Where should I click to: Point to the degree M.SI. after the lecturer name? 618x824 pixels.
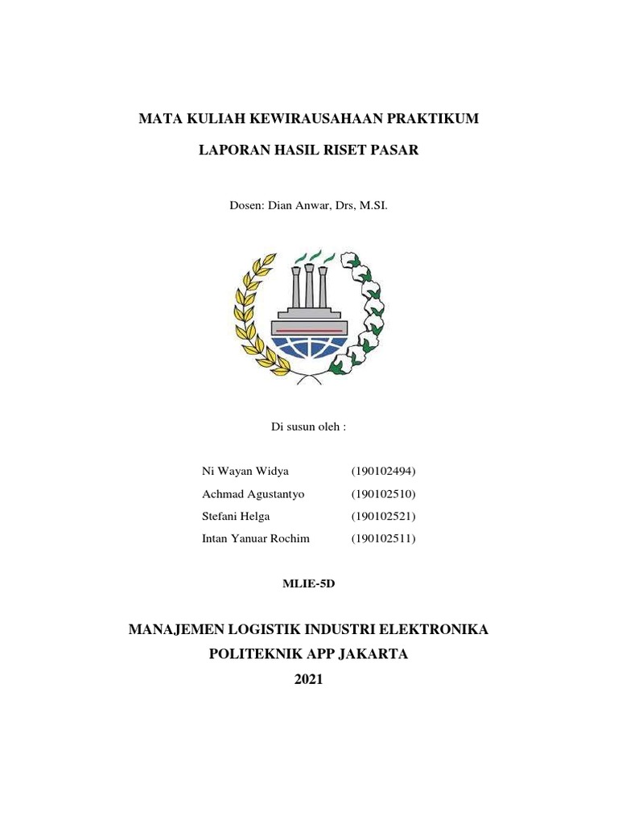pyautogui.click(x=373, y=205)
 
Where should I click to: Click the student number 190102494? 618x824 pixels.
pyautogui.click(x=383, y=471)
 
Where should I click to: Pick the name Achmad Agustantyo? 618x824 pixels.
pyautogui.click(x=253, y=493)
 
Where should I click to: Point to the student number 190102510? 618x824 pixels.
pyautogui.click(x=383, y=493)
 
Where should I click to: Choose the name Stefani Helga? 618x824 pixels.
pyautogui.click(x=236, y=516)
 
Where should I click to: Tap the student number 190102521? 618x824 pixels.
pyautogui.click(x=383, y=516)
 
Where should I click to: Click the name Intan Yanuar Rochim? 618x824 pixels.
pyautogui.click(x=255, y=538)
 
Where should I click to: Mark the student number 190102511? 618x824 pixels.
pyautogui.click(x=383, y=538)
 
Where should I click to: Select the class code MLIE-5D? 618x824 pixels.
pyautogui.click(x=308, y=583)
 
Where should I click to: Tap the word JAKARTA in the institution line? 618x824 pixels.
pyautogui.click(x=373, y=653)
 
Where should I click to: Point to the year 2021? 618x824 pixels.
pyautogui.click(x=308, y=679)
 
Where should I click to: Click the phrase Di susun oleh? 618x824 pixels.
pyautogui.click(x=308, y=426)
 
